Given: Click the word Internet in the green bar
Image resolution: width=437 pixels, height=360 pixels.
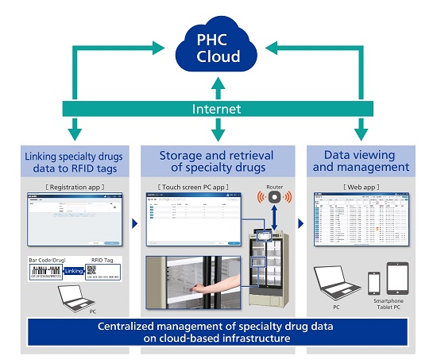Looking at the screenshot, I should click(x=217, y=107).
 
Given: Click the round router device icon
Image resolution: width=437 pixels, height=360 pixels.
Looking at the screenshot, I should click(x=273, y=195).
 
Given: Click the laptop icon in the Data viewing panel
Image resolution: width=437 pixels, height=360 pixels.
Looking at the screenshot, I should click(x=335, y=284).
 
